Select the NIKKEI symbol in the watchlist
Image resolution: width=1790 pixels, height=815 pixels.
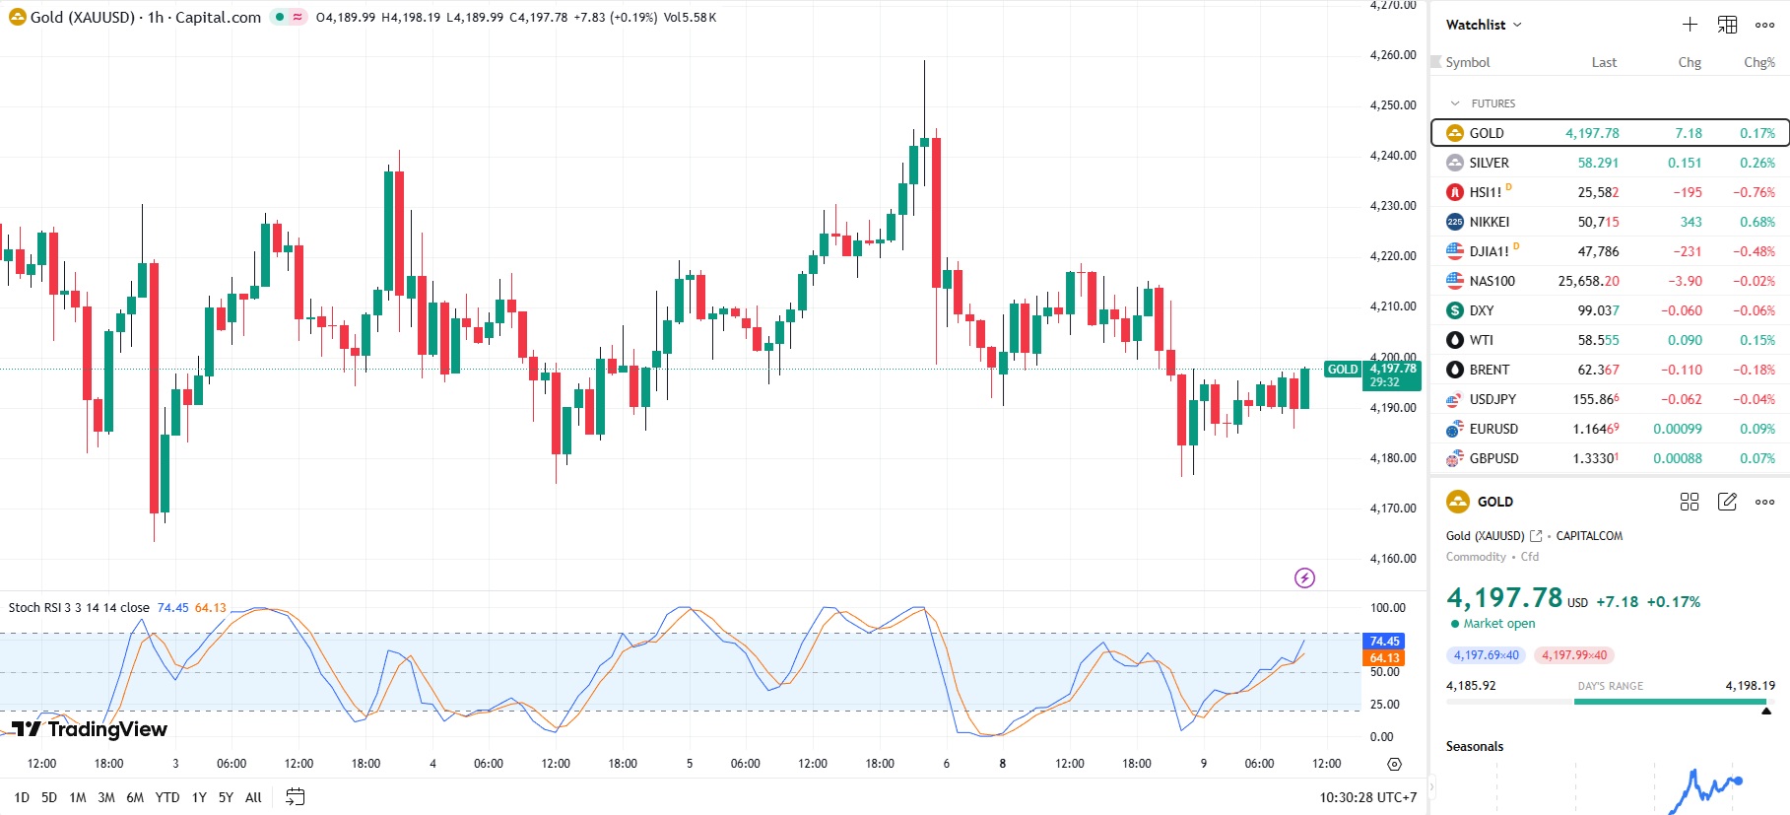(x=1489, y=222)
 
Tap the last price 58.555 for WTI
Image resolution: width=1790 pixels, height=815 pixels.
(x=1598, y=340)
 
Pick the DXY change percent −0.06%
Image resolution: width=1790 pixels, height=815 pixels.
(x=1755, y=310)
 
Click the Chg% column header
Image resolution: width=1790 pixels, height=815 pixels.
(x=1758, y=62)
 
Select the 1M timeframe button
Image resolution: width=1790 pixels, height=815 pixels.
(x=78, y=797)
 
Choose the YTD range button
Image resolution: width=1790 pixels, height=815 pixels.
(x=167, y=797)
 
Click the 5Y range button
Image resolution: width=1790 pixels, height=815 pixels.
(x=226, y=797)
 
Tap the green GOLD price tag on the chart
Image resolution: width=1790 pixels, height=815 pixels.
(x=1343, y=370)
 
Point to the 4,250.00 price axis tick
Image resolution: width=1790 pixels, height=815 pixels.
(x=1393, y=105)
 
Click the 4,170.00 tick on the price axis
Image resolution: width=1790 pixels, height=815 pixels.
(x=1393, y=509)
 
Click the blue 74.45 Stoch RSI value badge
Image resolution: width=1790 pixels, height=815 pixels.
(x=1384, y=642)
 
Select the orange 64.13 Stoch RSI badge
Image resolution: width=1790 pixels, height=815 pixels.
(x=1384, y=658)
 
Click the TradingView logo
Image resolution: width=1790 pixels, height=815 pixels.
(x=90, y=729)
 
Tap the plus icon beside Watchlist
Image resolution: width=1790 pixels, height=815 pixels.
(x=1690, y=25)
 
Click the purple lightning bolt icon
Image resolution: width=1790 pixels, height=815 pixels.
(x=1304, y=578)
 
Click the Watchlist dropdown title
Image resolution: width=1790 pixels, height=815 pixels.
(x=1483, y=25)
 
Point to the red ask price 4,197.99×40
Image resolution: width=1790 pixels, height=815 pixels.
(x=1573, y=655)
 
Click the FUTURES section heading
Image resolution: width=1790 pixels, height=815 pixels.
(x=1492, y=103)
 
